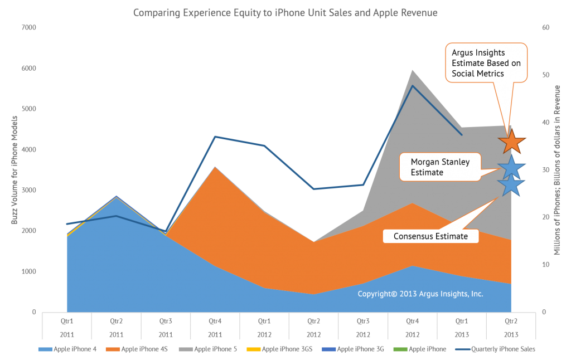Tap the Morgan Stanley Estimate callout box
(440, 167)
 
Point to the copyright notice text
(420, 294)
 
